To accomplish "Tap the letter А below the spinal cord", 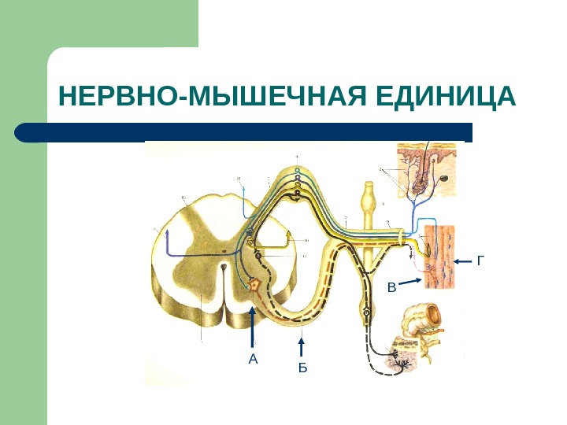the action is [253, 360].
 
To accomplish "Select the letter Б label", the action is [303, 368].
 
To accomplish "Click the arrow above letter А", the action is [253, 327].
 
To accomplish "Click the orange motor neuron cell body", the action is [254, 285].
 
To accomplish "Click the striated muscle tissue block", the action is [442, 256].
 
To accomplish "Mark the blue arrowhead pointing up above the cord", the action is [243, 190].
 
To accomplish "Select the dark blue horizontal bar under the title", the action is [244, 131].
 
